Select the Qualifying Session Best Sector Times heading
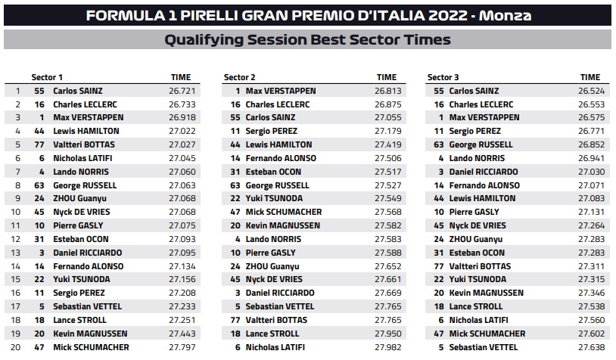[307, 40]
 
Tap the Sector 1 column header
[47, 77]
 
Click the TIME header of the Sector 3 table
[590, 77]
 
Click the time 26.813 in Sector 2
[387, 91]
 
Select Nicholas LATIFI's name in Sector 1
[85, 158]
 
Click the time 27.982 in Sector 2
[387, 347]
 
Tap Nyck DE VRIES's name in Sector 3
[479, 225]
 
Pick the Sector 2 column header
[240, 77]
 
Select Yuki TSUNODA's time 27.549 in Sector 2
[387, 198]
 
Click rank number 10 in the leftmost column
[15, 212]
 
